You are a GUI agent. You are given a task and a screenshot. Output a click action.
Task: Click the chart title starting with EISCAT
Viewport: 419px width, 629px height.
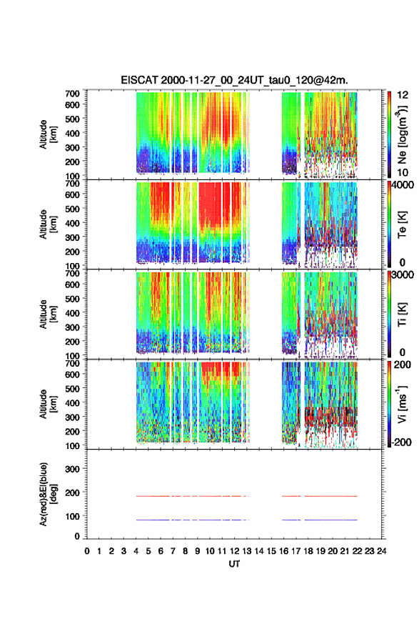pyautogui.click(x=234, y=80)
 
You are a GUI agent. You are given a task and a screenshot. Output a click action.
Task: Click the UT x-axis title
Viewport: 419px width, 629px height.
pyautogui.click(x=234, y=564)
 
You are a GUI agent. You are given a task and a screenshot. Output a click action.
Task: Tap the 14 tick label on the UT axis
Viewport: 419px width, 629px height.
pyautogui.click(x=259, y=551)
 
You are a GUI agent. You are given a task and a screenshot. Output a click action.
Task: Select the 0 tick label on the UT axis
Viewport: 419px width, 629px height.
pyautogui.click(x=87, y=551)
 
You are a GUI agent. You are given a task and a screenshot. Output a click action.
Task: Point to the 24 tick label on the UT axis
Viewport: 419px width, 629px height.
pyautogui.click(x=381, y=551)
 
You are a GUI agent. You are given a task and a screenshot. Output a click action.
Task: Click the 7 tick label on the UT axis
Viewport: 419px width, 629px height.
pyautogui.click(x=173, y=551)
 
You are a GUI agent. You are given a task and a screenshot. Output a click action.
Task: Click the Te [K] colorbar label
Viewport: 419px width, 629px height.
pyautogui.click(x=402, y=224)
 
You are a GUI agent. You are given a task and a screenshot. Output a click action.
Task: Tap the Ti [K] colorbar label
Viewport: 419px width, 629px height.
pyautogui.click(x=402, y=314)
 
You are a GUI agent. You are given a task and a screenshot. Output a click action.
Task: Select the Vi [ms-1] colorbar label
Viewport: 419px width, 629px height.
pyautogui.click(x=402, y=404)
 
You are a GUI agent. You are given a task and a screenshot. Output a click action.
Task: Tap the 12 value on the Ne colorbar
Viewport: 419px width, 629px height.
pyautogui.click(x=403, y=94)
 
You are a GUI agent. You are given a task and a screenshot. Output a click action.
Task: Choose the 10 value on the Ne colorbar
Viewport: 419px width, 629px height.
pyautogui.click(x=403, y=172)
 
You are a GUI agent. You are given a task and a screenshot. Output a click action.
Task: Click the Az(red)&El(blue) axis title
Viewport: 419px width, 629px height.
pyautogui.click(x=47, y=494)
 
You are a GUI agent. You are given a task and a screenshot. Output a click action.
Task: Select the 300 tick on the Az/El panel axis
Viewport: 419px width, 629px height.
pyautogui.click(x=73, y=469)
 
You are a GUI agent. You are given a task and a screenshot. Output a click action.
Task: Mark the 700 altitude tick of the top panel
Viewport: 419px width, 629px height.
pyautogui.click(x=73, y=94)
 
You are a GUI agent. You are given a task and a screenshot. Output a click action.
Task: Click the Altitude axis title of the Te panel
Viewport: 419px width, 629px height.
pyautogui.click(x=47, y=224)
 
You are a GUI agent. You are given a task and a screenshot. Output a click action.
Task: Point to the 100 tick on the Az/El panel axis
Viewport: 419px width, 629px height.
pyautogui.click(x=73, y=516)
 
